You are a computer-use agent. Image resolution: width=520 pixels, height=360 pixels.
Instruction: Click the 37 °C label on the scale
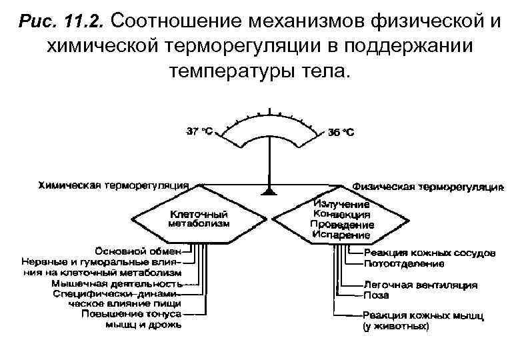pos(199,131)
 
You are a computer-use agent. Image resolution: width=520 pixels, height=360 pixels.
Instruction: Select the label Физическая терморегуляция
pos(427,186)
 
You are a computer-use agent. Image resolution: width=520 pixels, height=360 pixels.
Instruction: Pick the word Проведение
pos(341,225)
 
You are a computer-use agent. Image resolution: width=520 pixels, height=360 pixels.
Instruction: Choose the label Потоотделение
pos(404,263)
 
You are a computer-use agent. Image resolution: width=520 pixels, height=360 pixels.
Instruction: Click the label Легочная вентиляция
pos(421,285)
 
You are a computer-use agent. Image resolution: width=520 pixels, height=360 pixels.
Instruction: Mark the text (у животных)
pos(396,327)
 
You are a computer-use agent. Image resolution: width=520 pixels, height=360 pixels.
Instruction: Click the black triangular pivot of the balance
pos(269,191)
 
